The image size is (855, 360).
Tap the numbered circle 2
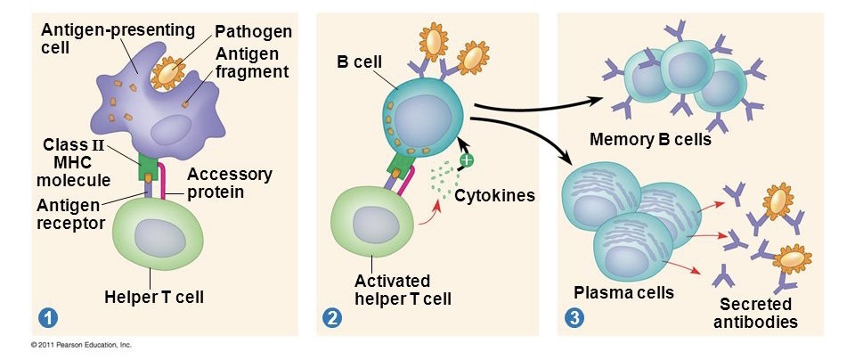(x=332, y=316)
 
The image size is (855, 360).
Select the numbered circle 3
(x=575, y=316)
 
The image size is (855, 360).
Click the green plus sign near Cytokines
(x=466, y=161)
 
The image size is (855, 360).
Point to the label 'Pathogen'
(x=253, y=31)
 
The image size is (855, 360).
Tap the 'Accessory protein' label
(x=230, y=183)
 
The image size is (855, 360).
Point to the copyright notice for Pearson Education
(x=80, y=344)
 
